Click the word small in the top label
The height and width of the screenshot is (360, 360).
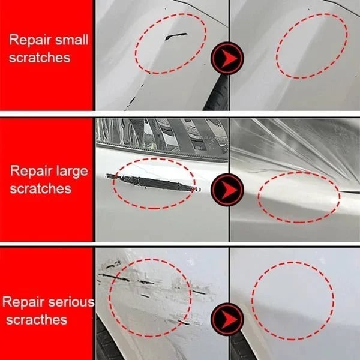pyautogui.click(x=72, y=41)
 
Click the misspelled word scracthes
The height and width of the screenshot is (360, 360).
pyautogui.click(x=37, y=319)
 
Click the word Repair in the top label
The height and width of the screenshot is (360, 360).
pyautogui.click(x=31, y=41)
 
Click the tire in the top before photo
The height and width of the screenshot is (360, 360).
pyautogui.click(x=217, y=96)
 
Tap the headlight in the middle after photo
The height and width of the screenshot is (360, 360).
pyautogui.click(x=294, y=141)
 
